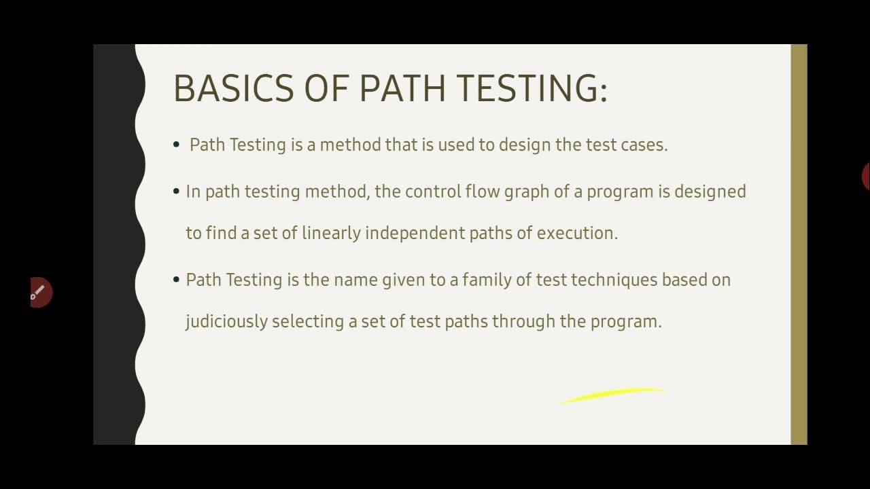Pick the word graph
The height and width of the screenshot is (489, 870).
point(527,192)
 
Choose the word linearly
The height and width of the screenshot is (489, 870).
point(331,233)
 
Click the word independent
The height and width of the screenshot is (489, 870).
point(415,233)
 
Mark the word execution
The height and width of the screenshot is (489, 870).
point(577,233)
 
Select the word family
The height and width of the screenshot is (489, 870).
point(486,280)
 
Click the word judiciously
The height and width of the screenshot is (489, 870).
point(226,321)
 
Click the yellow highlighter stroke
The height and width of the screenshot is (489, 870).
point(612,395)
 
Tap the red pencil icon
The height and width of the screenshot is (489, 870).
point(40,292)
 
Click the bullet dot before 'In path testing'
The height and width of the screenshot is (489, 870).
point(177,192)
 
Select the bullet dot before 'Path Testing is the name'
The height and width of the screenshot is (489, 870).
point(177,279)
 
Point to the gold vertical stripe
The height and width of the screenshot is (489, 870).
point(799,244)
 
